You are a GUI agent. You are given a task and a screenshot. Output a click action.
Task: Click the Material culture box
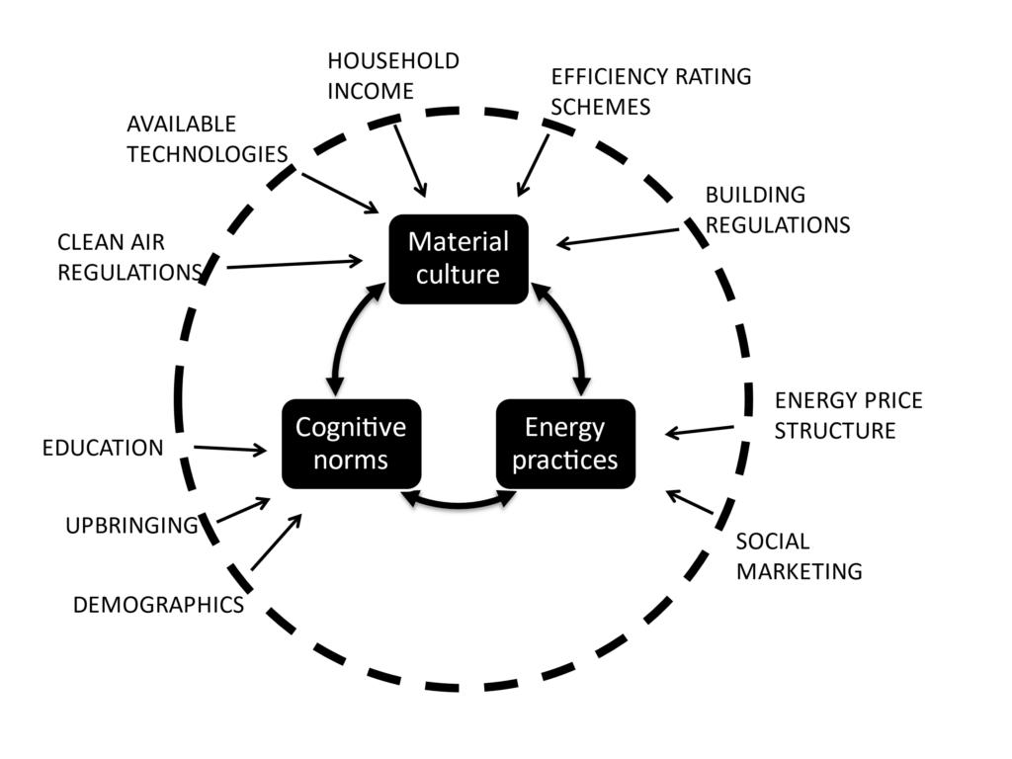tap(459, 258)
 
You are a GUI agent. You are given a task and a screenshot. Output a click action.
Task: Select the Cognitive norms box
tap(351, 444)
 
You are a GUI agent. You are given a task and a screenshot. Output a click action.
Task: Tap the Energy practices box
tap(564, 444)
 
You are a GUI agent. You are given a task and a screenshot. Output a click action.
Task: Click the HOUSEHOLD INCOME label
tap(392, 76)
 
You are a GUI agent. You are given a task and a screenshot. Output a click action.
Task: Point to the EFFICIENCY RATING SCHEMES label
tap(650, 91)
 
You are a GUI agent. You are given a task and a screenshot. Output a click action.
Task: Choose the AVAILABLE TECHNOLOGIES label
tap(207, 139)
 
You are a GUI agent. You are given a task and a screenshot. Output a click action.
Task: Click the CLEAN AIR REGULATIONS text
tap(128, 257)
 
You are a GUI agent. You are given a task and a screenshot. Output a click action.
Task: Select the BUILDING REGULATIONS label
tap(777, 210)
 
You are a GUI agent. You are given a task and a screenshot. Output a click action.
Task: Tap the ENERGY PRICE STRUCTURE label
tap(848, 415)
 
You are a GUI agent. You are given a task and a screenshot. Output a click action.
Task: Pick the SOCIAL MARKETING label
tap(799, 556)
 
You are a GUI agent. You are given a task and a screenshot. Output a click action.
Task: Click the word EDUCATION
tap(103, 448)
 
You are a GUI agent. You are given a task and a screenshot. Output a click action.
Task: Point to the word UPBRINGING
tap(131, 525)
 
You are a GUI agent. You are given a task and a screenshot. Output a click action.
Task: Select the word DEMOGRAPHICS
tap(158, 605)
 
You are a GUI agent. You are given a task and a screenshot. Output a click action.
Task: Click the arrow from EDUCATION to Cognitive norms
tap(230, 450)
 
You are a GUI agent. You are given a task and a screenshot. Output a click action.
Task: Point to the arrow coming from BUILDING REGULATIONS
tap(618, 238)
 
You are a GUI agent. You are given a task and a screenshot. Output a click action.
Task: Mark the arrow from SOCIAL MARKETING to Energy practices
tap(690, 503)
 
